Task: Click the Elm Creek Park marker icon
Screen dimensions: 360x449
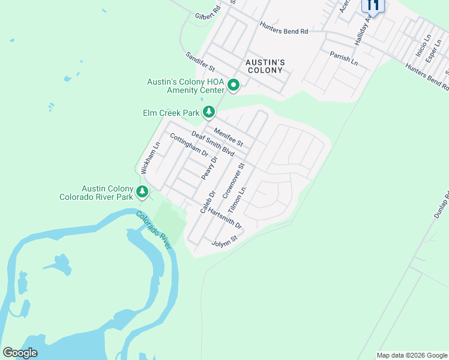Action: [x=209, y=112]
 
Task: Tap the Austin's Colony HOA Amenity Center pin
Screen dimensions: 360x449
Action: [x=234, y=86]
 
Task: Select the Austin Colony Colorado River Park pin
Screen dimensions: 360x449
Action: [x=142, y=191]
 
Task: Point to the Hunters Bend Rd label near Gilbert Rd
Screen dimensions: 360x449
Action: [x=283, y=28]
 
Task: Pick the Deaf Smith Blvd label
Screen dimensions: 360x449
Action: [x=212, y=143]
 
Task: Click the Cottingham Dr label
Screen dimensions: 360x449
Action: [x=188, y=145]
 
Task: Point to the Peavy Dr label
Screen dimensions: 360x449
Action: [x=208, y=167]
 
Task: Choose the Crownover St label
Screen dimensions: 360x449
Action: [x=234, y=181]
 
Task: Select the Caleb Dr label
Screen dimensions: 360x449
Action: [x=208, y=202]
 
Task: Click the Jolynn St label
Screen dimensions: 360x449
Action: [x=225, y=241]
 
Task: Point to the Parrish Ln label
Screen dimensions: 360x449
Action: [x=343, y=58]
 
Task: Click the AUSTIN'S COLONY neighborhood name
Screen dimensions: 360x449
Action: [x=264, y=66]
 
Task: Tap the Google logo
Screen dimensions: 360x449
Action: [x=20, y=353]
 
